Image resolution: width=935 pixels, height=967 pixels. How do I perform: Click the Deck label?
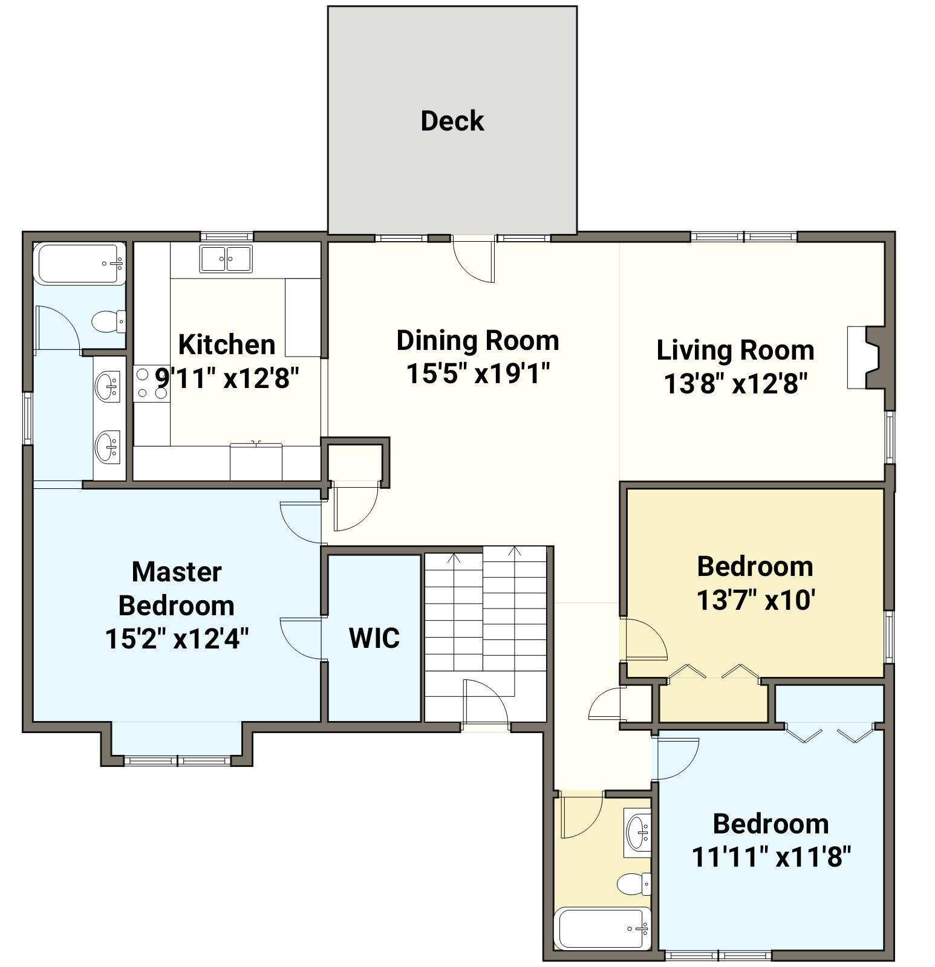click(x=452, y=121)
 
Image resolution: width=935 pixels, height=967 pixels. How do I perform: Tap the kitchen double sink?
click(x=226, y=259)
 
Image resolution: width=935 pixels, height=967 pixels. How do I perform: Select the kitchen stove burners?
click(x=151, y=384)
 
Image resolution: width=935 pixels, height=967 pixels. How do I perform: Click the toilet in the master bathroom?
click(x=109, y=321)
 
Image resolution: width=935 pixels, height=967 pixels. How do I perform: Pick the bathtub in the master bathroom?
click(x=80, y=264)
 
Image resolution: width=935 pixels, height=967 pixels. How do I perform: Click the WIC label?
click(x=374, y=638)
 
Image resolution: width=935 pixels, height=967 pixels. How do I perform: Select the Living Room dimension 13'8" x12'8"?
click(x=736, y=383)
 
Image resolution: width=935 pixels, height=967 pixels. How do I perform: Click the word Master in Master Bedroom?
click(x=177, y=572)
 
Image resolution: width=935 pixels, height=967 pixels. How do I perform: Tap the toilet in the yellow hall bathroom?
click(x=634, y=884)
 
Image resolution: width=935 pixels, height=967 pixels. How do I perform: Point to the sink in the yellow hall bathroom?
click(x=637, y=831)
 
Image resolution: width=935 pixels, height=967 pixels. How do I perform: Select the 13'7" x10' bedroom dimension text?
click(x=756, y=600)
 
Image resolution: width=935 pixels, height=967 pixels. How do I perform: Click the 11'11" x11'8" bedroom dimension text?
click(x=772, y=856)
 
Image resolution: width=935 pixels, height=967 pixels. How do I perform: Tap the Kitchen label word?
click(x=227, y=344)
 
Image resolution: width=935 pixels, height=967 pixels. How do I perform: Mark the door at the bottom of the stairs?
click(x=486, y=701)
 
